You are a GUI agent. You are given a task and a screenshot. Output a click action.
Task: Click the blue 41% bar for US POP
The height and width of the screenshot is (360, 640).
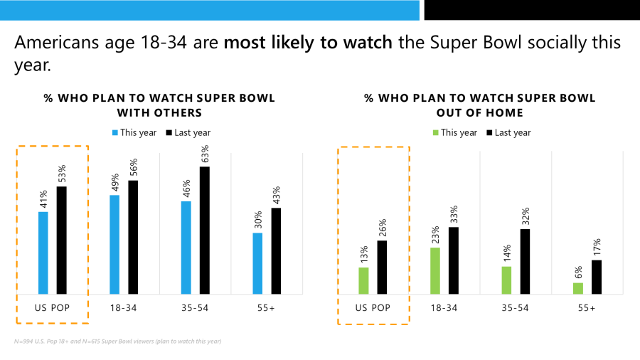(43, 253)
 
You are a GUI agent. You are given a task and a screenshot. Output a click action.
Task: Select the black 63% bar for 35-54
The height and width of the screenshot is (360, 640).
(204, 230)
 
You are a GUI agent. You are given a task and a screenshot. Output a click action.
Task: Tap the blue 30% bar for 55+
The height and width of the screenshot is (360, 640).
(257, 263)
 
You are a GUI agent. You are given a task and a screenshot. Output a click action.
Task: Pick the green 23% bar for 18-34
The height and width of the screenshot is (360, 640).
(435, 270)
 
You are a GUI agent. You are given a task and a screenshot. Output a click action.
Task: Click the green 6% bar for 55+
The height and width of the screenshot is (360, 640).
(578, 288)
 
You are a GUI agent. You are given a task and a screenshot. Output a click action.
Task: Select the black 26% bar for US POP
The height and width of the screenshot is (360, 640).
(382, 267)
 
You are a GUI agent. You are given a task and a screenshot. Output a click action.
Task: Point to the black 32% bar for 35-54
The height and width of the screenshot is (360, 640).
(525, 261)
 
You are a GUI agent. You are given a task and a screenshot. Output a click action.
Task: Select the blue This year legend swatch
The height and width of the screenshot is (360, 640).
(115, 132)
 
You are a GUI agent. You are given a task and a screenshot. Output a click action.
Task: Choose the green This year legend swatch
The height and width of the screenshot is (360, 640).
(436, 132)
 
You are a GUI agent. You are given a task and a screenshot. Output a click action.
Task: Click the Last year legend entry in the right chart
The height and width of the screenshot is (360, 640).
(508, 132)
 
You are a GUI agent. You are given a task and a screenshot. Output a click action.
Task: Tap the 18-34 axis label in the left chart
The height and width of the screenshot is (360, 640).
(124, 308)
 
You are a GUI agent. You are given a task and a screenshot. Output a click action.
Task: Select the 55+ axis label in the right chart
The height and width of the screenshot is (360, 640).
(587, 308)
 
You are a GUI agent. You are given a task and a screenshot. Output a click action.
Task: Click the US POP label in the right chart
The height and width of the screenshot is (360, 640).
(373, 308)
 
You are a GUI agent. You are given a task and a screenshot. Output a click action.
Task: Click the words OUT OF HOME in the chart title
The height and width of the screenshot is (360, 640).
(479, 112)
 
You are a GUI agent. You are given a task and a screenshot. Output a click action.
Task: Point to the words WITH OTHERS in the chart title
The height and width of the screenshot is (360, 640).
(159, 112)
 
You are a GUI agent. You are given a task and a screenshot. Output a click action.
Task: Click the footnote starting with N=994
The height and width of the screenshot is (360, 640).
(117, 342)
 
